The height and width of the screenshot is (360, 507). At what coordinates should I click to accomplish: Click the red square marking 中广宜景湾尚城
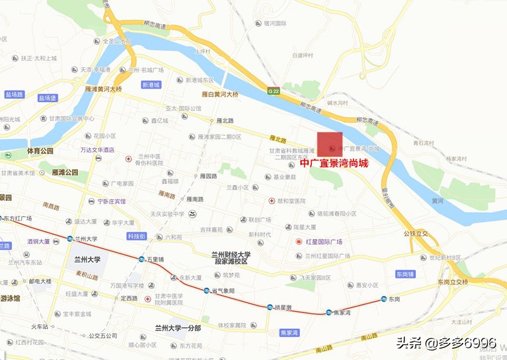330,144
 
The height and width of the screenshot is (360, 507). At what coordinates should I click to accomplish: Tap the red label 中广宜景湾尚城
333,163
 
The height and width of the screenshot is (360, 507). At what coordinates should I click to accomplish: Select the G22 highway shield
274,91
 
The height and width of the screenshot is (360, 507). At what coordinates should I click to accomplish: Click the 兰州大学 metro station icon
70,239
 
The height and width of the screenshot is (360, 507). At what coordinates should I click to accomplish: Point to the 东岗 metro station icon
384,299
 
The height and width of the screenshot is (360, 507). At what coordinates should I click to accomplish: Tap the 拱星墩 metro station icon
270,307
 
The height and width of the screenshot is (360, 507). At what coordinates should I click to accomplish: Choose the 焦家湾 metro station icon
329,312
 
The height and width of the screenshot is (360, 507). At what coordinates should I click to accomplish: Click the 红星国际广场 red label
324,242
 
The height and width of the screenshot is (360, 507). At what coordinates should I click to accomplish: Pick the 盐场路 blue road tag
13,94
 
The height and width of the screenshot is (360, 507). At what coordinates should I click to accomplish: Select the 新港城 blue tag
151,84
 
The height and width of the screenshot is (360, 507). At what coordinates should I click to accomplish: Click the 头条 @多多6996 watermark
446,343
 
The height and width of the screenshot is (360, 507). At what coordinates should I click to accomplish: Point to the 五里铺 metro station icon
142,259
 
